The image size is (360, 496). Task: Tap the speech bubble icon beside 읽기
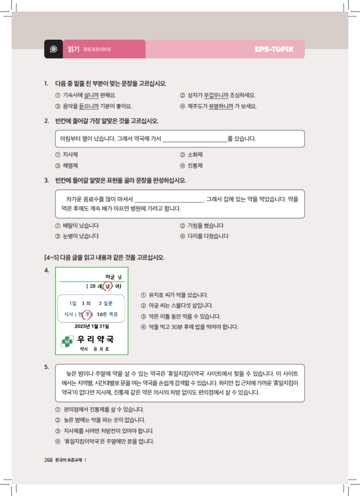point(53,49)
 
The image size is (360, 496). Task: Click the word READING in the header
point(97,50)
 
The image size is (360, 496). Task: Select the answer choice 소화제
point(195,155)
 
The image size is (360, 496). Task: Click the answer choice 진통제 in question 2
point(195,165)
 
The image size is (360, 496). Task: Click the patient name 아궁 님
point(113,276)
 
